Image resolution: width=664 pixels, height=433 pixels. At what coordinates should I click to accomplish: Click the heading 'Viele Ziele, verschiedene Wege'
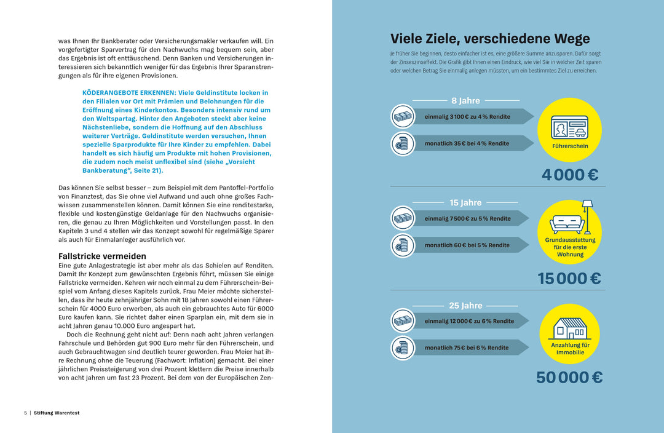point(490,39)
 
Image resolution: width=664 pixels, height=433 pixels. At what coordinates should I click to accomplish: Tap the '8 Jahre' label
point(465,101)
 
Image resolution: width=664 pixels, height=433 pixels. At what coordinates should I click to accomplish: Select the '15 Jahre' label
point(465,202)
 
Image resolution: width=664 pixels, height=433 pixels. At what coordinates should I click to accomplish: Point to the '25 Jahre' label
point(465,306)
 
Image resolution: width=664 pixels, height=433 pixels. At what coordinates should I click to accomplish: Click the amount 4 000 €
point(569,175)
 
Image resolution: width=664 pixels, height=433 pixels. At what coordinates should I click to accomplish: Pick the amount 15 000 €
point(569,279)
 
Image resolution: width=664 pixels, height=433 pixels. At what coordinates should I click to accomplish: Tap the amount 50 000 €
point(569,377)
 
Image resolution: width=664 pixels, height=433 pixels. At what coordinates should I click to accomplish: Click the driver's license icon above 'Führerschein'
point(569,127)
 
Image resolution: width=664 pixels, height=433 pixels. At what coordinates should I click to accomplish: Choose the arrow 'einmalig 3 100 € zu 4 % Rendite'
point(470,116)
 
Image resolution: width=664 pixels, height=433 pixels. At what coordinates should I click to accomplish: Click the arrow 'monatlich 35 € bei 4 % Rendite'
point(470,143)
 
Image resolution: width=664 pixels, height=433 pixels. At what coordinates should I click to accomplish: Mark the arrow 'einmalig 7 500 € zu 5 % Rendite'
point(470,218)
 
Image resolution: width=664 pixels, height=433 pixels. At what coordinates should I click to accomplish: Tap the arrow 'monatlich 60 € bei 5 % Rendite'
point(470,245)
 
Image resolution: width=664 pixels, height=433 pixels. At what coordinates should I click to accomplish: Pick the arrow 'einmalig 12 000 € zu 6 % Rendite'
point(470,321)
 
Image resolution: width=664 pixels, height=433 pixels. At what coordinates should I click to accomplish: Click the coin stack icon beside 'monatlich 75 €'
point(403,348)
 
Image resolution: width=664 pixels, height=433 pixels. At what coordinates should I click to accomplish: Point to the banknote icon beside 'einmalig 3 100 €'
point(403,116)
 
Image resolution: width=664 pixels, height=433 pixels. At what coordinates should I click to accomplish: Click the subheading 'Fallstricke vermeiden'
point(102,256)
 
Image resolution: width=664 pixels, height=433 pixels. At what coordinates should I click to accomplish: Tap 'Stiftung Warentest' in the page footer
point(57,413)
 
